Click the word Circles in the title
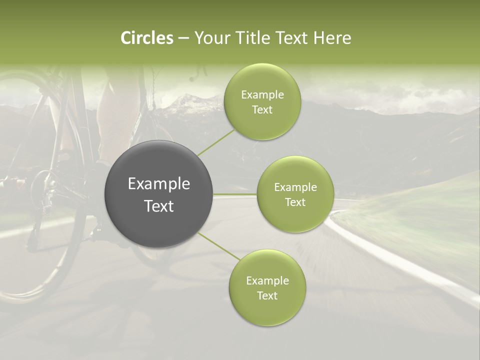pyautogui.click(x=146, y=38)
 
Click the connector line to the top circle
pyautogui.click(x=216, y=143)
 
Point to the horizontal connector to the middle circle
pyautogui.click(x=234, y=194)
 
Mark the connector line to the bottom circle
pyautogui.click(x=219, y=246)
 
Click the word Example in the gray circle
pyautogui.click(x=158, y=184)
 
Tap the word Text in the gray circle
pyautogui.click(x=158, y=206)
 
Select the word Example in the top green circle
pyautogui.click(x=262, y=95)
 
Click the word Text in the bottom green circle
pyautogui.click(x=267, y=295)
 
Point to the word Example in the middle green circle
pyautogui.click(x=295, y=187)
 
